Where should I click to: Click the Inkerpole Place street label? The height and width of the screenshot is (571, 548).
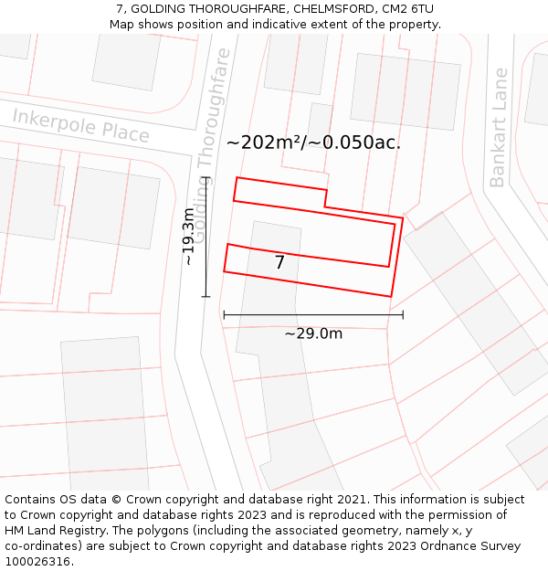[80, 125]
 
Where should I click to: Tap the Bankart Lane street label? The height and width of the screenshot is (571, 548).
[499, 127]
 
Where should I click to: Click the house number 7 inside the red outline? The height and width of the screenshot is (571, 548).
[279, 263]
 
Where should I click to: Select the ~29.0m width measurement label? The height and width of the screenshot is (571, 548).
[313, 333]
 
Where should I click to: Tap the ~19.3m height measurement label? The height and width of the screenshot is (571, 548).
[188, 236]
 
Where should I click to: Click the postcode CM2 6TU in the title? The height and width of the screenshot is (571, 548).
[409, 9]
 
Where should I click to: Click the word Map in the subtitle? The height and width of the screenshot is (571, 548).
[123, 25]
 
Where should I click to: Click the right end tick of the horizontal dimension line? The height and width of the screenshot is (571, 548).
[403, 315]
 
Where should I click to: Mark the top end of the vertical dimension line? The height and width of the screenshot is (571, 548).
[205, 176]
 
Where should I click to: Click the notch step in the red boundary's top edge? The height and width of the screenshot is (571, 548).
[326, 198]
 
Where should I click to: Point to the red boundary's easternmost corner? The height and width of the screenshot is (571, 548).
[403, 218]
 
